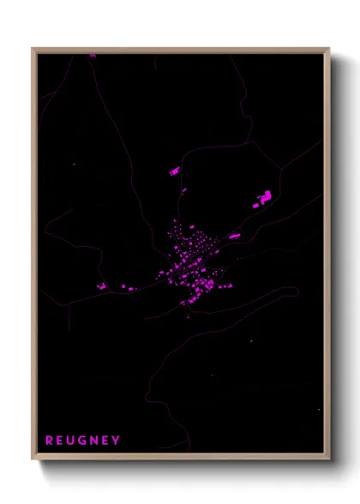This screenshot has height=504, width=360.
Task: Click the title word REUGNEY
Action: [x=82, y=441]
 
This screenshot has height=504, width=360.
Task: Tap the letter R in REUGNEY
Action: [x=50, y=441]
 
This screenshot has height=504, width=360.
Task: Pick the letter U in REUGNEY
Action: [x=70, y=441]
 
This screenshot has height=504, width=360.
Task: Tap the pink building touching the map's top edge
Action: [x=93, y=55]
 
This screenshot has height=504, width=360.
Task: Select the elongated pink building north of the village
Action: [x=174, y=172]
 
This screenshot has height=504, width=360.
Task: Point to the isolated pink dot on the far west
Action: [x=75, y=164]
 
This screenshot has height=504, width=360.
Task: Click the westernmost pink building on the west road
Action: [x=100, y=285]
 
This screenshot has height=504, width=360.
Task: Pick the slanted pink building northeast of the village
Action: [x=234, y=235]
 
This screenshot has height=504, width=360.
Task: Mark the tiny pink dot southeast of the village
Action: [x=251, y=341]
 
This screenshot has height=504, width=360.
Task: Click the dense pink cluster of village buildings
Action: [x=190, y=261]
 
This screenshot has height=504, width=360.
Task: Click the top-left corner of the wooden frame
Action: [x=33, y=49]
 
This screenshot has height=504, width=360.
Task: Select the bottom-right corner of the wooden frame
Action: [x=329, y=459]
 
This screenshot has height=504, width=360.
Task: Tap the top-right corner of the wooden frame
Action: [x=329, y=49]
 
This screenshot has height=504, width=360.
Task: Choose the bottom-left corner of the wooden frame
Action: [x=33, y=459]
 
